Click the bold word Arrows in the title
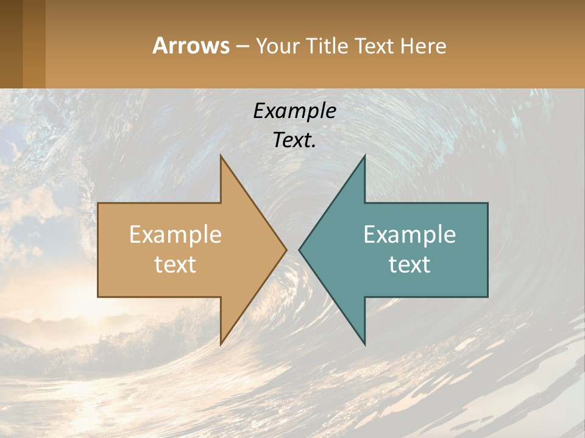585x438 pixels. click(191, 46)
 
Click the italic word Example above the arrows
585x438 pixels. click(294, 111)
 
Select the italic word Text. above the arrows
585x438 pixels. click(294, 140)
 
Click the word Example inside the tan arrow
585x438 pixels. click(175, 234)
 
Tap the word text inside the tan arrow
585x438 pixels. click(175, 264)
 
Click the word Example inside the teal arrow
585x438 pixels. click(409, 234)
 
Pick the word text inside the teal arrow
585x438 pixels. click(409, 264)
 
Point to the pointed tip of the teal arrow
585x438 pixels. click(300, 249)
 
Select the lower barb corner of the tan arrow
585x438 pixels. click(221, 344)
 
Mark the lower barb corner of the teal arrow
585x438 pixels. click(364, 344)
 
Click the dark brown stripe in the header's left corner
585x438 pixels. click(11, 44)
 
